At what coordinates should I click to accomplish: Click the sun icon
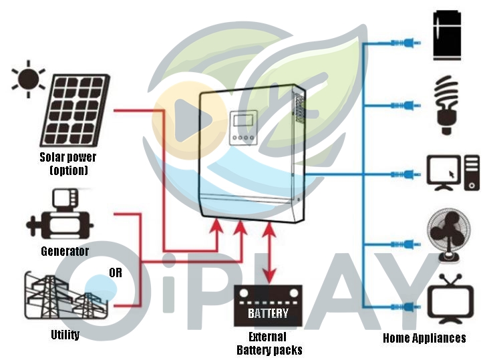(x=28, y=78)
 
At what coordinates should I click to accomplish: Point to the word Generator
(x=65, y=251)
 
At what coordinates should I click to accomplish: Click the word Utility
(x=65, y=335)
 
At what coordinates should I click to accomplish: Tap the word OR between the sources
(x=116, y=272)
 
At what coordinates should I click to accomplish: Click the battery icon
(x=268, y=306)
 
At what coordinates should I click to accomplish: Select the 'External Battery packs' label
(x=269, y=343)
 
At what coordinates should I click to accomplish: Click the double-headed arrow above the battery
(x=269, y=252)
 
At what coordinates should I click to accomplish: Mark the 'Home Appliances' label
(x=424, y=338)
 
